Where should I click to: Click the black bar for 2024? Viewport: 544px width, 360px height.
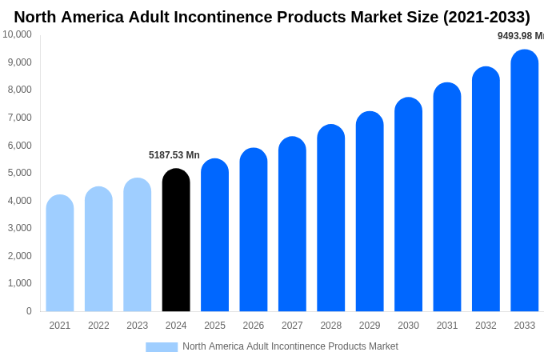(176, 240)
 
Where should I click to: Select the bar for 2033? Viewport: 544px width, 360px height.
(525, 181)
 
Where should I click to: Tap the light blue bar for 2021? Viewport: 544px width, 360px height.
(60, 253)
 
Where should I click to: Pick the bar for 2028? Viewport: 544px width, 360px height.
(331, 218)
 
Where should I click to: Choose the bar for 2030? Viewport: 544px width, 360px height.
(408, 205)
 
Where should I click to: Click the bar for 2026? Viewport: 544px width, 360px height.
(254, 230)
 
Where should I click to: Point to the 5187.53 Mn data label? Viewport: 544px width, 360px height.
(174, 155)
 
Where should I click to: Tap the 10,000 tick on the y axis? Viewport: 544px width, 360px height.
(17, 34)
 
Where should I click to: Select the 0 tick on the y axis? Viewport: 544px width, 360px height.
(29, 311)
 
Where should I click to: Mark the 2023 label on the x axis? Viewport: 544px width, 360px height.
(138, 326)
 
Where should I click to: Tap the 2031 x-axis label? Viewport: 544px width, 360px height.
(447, 326)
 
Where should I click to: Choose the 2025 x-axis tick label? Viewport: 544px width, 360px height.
(214, 326)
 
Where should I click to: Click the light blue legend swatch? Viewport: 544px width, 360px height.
(162, 347)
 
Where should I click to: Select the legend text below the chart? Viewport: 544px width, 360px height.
(290, 346)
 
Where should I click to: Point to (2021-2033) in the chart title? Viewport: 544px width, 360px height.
(486, 17)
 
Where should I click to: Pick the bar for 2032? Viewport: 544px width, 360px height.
(486, 190)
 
